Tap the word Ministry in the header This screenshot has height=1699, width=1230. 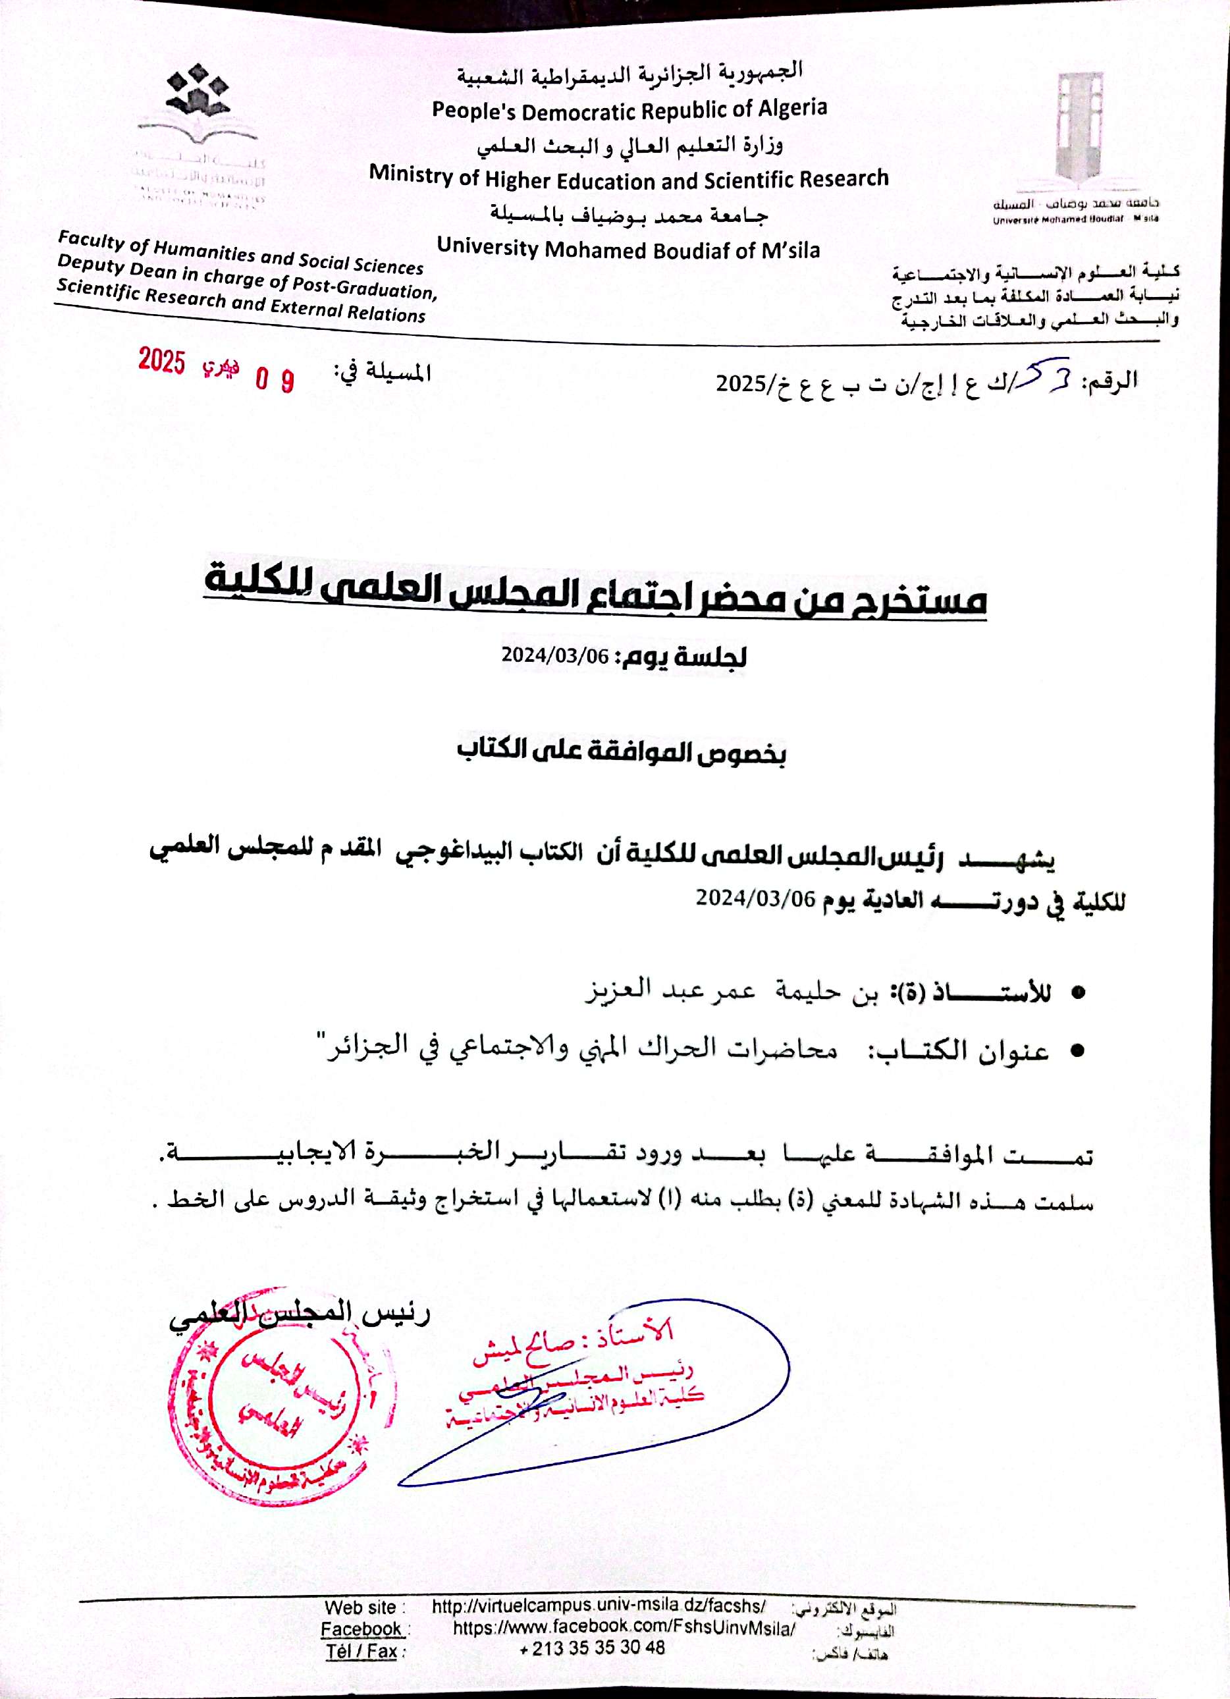412,175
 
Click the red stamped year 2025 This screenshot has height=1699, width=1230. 161,361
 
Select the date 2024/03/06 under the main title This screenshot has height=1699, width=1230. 555,655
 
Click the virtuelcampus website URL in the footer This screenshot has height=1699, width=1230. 599,1606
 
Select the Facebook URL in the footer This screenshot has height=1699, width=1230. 624,1629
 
